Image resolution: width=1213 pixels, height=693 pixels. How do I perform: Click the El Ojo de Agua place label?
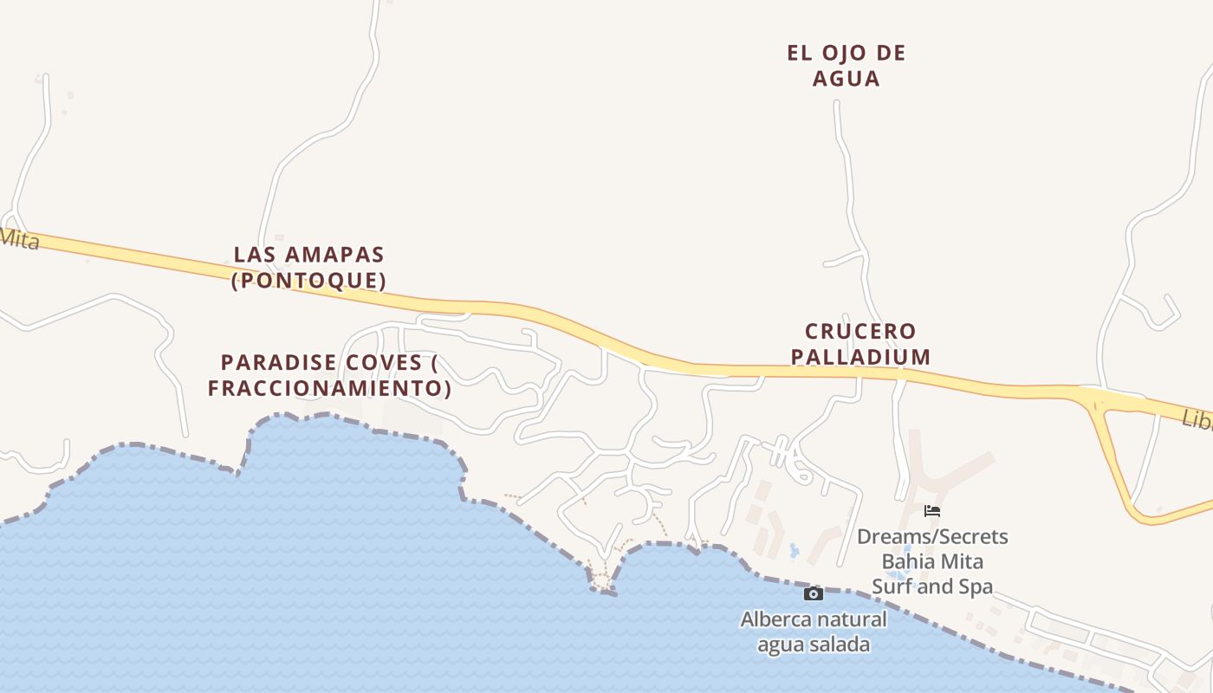click(x=846, y=65)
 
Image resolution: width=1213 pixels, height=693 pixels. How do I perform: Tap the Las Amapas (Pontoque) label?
click(x=308, y=268)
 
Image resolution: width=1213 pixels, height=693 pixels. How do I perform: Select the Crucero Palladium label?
click(x=867, y=344)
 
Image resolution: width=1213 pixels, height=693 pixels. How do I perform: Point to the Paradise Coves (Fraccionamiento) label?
click(x=329, y=374)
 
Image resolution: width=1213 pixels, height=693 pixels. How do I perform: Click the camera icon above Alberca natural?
click(x=813, y=593)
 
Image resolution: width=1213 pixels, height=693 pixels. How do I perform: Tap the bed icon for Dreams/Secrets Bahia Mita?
click(x=932, y=511)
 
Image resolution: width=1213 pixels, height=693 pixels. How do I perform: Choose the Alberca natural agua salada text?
click(x=814, y=632)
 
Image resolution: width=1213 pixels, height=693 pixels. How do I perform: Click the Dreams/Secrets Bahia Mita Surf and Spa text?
click(x=932, y=561)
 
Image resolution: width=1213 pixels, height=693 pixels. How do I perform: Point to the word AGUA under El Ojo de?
click(x=846, y=79)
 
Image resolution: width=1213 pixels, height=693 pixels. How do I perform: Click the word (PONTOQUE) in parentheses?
click(x=308, y=281)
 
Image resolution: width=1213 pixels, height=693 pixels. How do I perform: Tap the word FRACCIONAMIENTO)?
click(x=329, y=388)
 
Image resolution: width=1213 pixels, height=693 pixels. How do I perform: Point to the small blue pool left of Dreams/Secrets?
click(x=795, y=550)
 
